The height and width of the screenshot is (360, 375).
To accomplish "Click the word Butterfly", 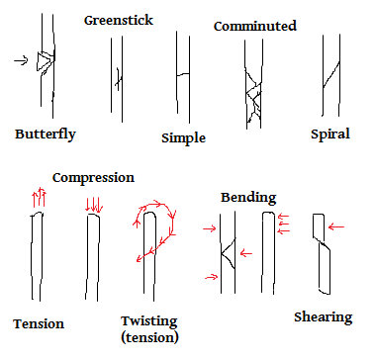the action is [x=46, y=135].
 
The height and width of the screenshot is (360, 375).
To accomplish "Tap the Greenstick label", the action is [x=119, y=21].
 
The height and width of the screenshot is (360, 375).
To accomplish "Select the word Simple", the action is [x=183, y=138].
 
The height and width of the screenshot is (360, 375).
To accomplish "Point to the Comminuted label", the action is [x=255, y=26].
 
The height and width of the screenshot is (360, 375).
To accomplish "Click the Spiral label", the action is [x=330, y=135].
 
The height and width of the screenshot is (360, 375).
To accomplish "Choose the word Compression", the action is [x=93, y=178].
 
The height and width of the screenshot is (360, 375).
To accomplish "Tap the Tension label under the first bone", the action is [x=39, y=323].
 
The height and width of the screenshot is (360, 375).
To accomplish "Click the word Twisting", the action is [x=149, y=321].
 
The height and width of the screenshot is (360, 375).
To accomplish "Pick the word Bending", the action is [x=248, y=198].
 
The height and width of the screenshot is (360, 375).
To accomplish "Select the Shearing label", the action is [x=324, y=317].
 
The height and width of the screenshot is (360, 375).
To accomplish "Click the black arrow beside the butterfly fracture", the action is [x=21, y=60].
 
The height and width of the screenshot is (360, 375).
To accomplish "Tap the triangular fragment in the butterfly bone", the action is [x=45, y=61].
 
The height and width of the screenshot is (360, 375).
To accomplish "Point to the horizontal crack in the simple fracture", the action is [x=183, y=74].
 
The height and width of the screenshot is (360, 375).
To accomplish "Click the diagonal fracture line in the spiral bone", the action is [x=330, y=74].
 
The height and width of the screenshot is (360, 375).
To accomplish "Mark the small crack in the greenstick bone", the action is [x=119, y=79].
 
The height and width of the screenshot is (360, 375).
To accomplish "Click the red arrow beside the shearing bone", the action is [x=336, y=226].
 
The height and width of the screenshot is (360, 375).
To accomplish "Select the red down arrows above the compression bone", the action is [x=94, y=206].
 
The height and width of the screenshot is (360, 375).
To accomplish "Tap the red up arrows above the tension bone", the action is [x=39, y=197].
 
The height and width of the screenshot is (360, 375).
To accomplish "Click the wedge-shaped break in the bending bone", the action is [x=229, y=253].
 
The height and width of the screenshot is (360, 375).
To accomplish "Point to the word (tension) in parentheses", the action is [x=149, y=337].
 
